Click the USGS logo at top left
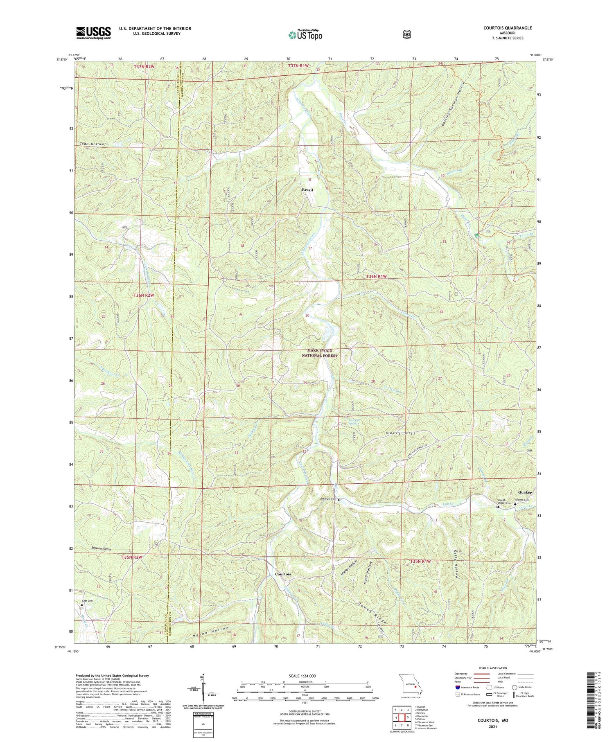(93, 32)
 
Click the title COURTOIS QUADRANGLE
(508, 28)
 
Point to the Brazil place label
(307, 190)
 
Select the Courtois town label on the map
(283, 574)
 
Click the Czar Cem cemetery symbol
(82, 604)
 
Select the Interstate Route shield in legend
(457, 687)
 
